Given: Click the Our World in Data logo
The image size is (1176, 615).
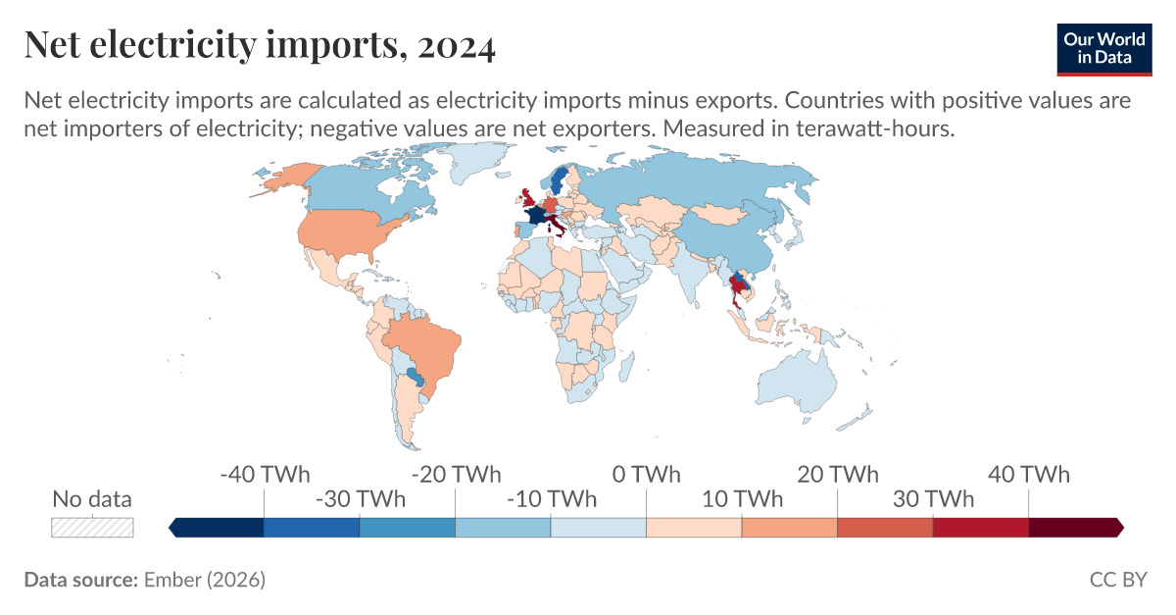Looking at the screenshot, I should coord(1103,46).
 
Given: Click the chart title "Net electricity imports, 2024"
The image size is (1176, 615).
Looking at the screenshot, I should coord(259,45).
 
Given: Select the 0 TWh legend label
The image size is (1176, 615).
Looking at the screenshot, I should coord(646,475).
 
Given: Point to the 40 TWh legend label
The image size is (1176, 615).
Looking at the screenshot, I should coord(1028,475).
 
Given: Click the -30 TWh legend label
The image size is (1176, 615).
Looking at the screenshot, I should coord(360,498).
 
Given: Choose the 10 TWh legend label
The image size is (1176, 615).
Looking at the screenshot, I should coord(742,498).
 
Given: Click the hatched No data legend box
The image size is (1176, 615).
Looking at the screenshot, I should coord(92,527).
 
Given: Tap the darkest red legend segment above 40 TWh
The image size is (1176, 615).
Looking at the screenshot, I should coord(1074,528).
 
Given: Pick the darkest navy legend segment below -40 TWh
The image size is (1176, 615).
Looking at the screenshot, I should coord(218,528).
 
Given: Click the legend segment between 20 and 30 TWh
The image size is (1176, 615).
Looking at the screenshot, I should coord(885,528).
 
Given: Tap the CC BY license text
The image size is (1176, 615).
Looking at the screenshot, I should coord(1117,580).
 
